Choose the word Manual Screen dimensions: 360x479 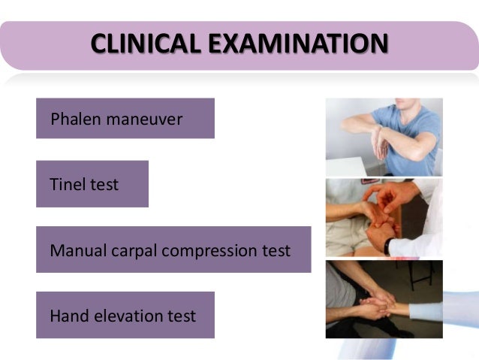[x=76, y=250]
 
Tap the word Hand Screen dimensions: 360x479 [x=69, y=316]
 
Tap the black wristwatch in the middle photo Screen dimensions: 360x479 [x=390, y=245]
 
